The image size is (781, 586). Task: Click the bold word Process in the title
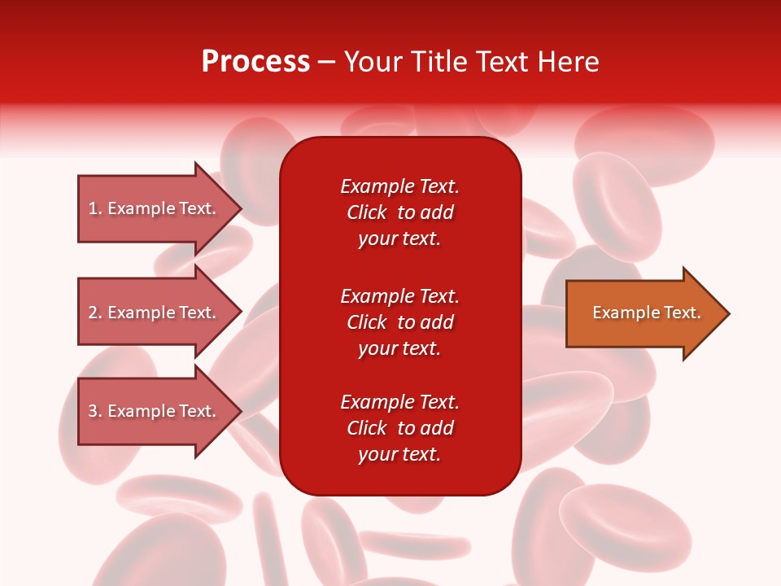point(255,62)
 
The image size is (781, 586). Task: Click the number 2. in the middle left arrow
point(95,313)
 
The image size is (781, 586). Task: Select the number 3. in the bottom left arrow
point(95,411)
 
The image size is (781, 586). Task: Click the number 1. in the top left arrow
point(95,208)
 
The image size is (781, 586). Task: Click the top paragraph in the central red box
point(399,212)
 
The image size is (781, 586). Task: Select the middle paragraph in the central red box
point(399,322)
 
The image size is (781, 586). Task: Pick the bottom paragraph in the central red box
point(399,428)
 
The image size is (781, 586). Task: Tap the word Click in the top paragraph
point(367,212)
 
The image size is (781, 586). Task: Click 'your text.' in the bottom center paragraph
point(399,454)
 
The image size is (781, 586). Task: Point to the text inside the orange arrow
point(646,313)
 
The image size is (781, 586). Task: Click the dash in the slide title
point(326,62)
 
